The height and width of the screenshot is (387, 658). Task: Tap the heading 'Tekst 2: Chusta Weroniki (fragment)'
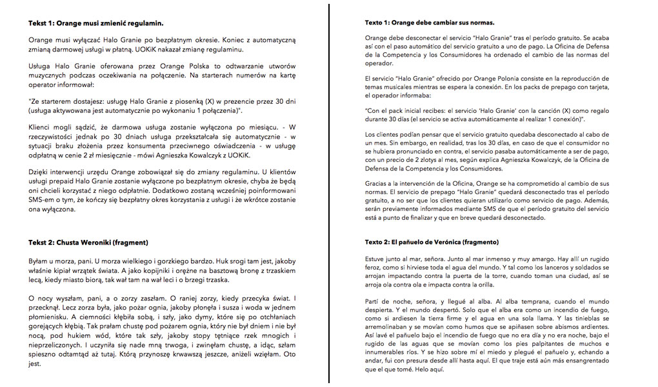[x=88, y=243]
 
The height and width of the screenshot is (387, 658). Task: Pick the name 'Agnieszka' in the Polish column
[x=217, y=155]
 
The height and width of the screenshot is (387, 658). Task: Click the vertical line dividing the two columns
[x=329, y=193]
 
